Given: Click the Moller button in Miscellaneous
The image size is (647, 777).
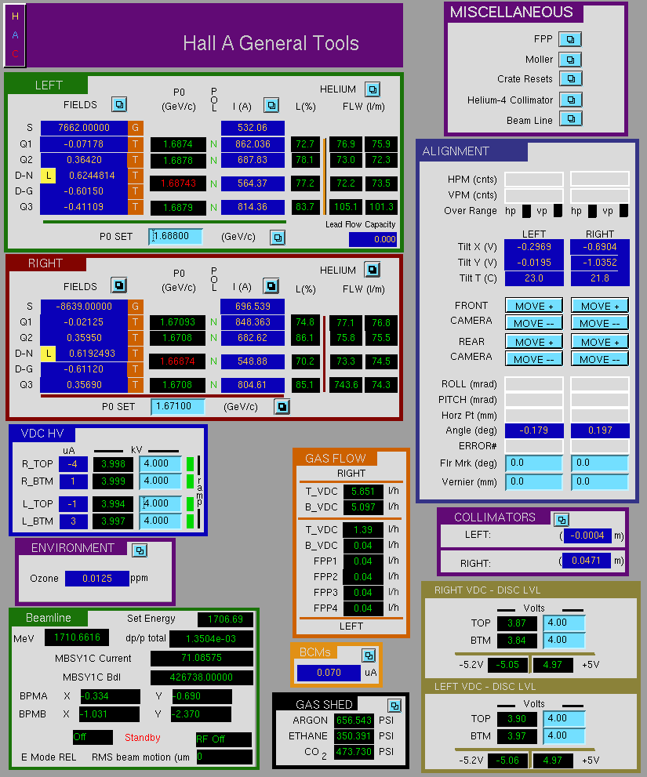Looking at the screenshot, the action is coord(570,60).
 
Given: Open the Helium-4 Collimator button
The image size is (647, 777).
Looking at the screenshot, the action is coord(571,100).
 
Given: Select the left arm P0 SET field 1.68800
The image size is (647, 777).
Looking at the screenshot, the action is coord(176,236).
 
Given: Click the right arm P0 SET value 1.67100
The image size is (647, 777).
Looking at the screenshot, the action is coord(177,406).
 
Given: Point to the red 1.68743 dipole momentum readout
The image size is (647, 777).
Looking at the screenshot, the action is coord(178,183).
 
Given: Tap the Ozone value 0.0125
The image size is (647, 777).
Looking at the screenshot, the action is coord(97,579).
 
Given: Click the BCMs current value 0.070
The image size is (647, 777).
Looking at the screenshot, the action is coord(329,673).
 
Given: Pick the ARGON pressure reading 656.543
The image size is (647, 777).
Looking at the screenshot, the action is coord(354,720).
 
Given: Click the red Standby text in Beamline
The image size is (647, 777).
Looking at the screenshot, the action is coord(142,738).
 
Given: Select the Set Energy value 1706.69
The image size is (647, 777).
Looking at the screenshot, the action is coord(225,619).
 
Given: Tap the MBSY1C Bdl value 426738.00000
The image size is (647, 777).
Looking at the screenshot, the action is coord(202,677).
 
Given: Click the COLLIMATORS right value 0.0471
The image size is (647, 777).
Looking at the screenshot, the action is coord(586,561).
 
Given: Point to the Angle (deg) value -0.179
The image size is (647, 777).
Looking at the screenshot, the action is coord(534,430).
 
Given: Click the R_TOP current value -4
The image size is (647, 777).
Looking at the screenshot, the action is coord(73,464).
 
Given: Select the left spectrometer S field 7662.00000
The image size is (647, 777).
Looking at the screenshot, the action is coord(84,128).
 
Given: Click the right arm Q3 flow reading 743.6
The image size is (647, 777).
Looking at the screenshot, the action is coord(346,384).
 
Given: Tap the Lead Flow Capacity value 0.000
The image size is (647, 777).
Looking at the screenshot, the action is coord(373,239).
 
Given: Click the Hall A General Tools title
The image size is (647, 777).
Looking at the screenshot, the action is coord(271,43).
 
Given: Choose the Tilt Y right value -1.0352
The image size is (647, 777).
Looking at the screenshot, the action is coord(600,263).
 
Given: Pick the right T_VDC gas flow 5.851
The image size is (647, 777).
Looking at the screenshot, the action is coord(363,492).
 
